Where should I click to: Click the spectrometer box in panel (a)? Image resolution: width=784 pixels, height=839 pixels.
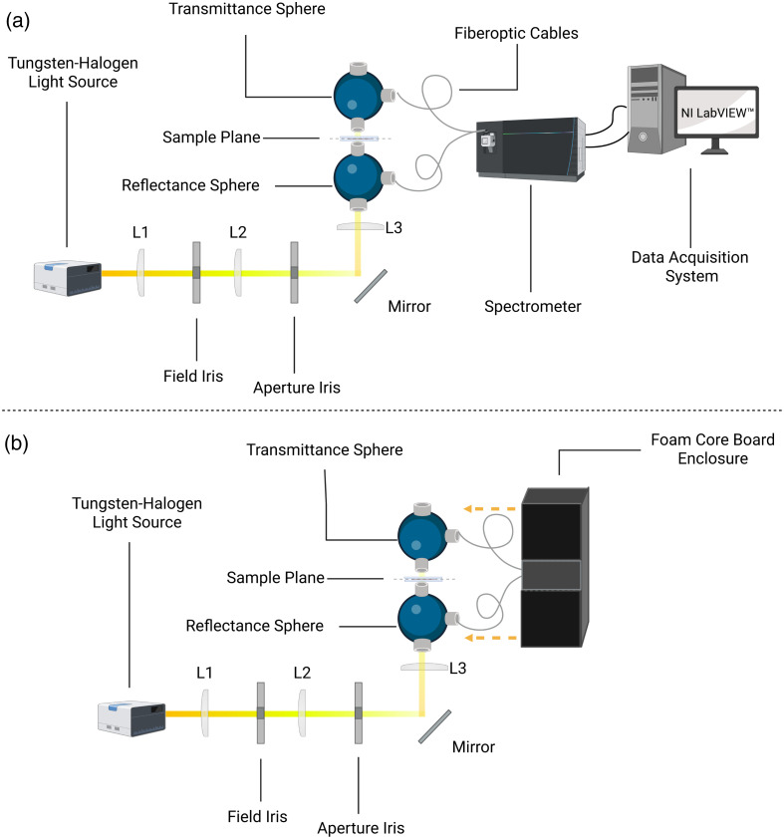click(x=528, y=145)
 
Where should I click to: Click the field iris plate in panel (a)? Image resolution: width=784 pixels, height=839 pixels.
click(x=196, y=272)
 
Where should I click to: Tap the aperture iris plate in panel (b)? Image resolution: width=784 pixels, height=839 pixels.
click(x=357, y=712)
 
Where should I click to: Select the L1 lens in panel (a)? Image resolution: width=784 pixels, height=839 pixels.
click(x=141, y=272)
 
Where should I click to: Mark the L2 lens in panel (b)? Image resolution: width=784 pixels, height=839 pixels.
click(x=302, y=712)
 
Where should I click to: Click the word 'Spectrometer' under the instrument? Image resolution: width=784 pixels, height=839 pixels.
click(x=533, y=307)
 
